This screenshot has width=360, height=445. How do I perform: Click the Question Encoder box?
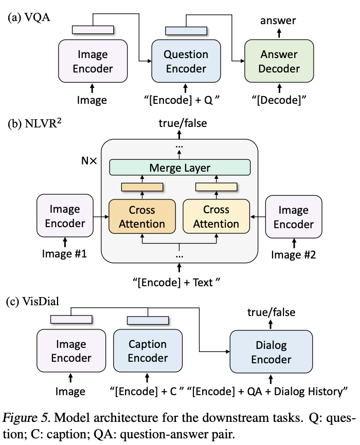tap(185, 61)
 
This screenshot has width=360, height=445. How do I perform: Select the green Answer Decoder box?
tap(278, 61)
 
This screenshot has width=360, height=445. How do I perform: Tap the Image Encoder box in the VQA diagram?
tap(93, 61)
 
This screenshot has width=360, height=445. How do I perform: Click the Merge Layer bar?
tap(179, 168)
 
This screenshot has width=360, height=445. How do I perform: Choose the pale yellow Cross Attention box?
tap(216, 216)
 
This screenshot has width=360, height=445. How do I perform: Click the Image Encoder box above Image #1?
tap(65, 216)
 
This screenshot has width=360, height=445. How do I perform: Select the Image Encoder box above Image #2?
tap(293, 217)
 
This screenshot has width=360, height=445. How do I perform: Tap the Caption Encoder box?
tap(148, 351)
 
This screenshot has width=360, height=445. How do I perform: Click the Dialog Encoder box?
tap(271, 353)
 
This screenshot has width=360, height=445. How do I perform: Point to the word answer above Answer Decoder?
tap(278, 21)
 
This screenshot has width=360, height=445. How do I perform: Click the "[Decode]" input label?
tap(278, 100)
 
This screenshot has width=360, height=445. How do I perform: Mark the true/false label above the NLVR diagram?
tap(179, 123)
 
